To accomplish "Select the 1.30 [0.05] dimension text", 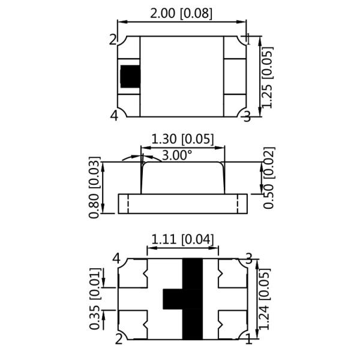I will click(182, 139).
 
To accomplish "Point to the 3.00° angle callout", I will click(177, 155).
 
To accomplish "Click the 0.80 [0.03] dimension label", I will click(94, 187).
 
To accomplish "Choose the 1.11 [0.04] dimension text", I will click(182, 239).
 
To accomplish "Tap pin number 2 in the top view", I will click(113, 40).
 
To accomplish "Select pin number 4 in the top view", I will click(113, 116).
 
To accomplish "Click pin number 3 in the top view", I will click(246, 116).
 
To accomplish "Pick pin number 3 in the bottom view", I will click(247, 259).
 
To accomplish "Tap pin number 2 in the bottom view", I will click(119, 340).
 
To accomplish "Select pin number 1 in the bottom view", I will click(248, 340).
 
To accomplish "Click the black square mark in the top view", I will click(130, 76).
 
